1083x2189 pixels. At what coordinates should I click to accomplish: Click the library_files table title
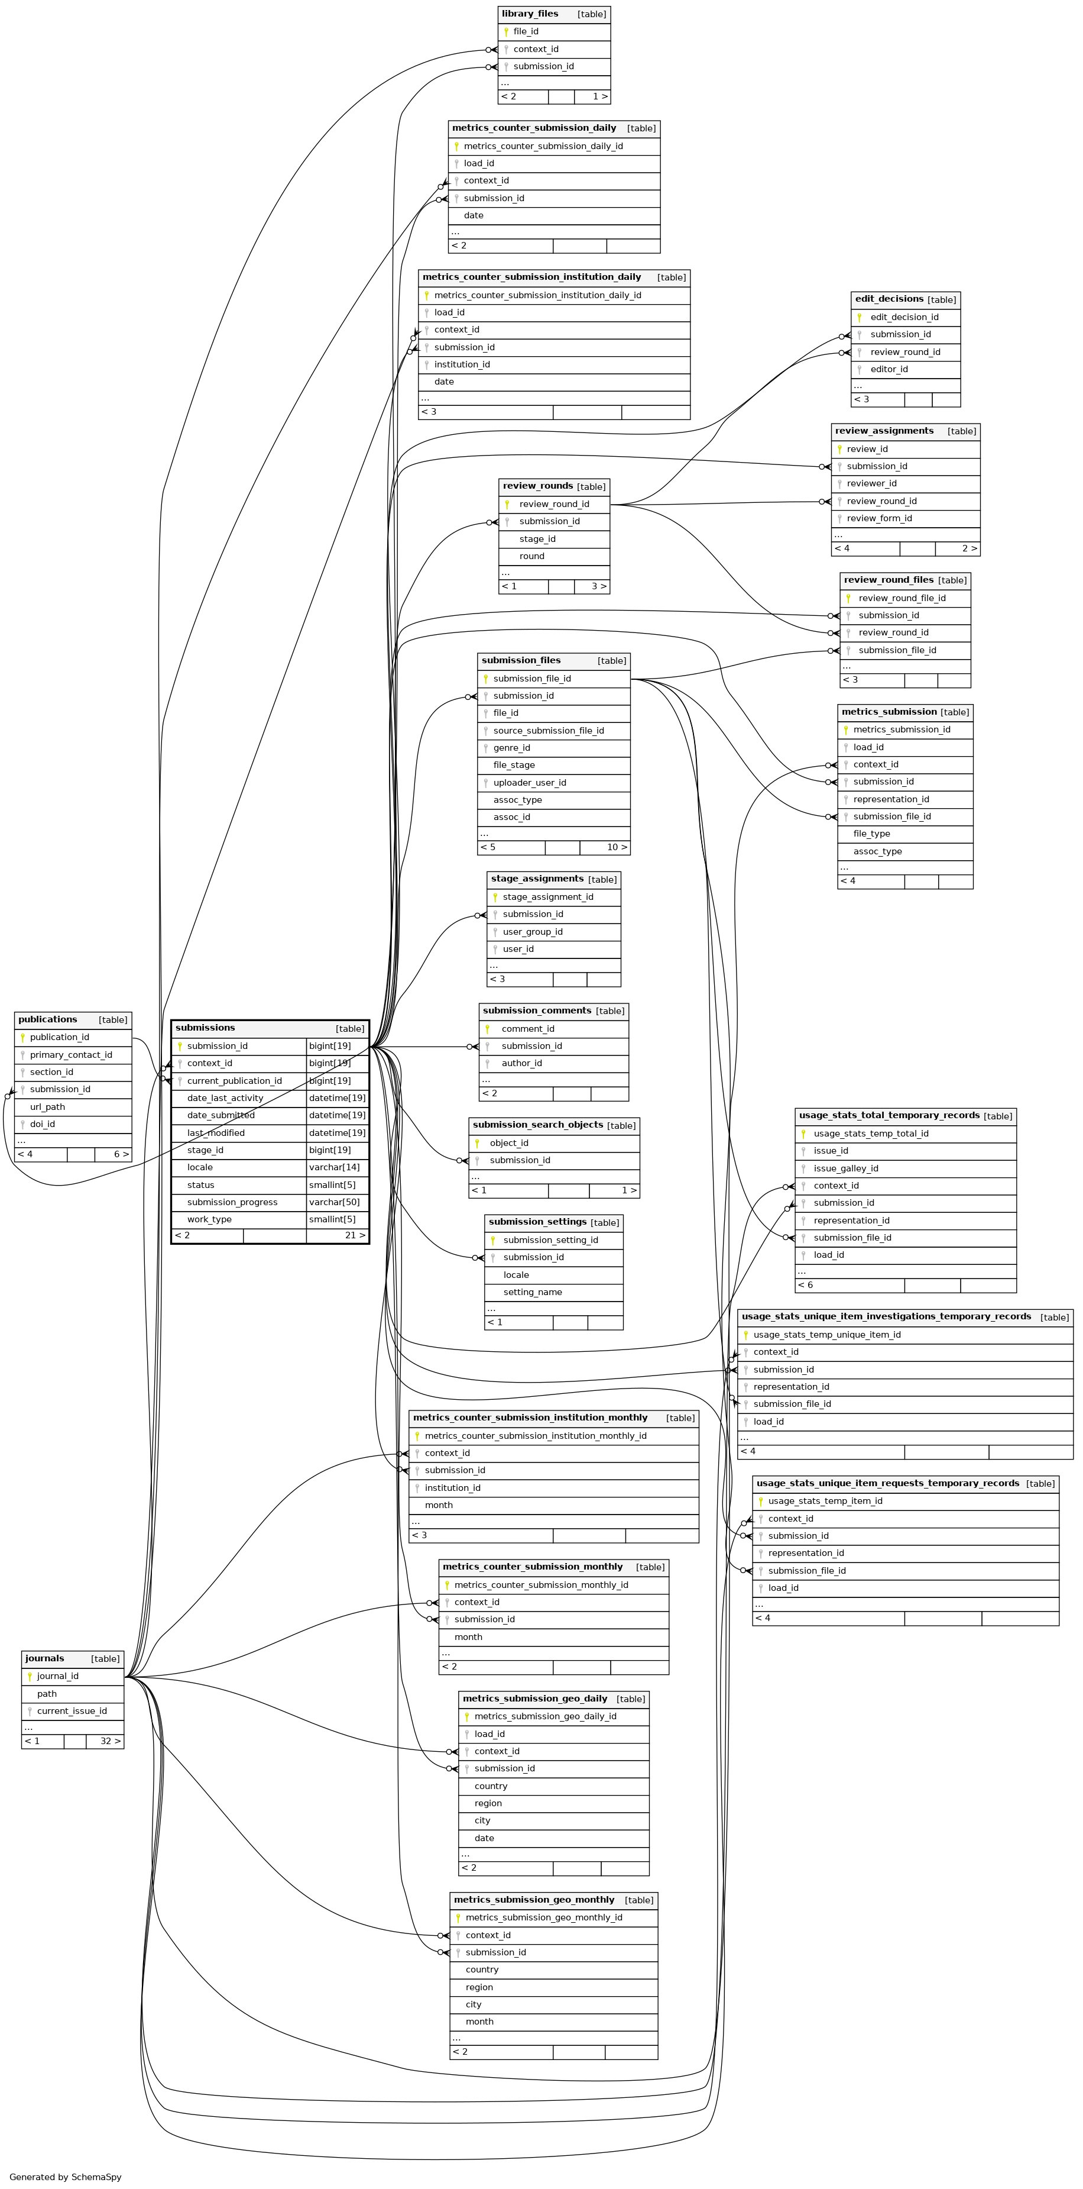click(530, 14)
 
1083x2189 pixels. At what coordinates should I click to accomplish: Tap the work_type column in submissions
click(209, 1219)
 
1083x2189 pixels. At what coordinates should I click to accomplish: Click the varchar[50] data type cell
click(335, 1202)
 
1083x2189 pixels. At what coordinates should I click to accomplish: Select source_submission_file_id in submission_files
click(549, 731)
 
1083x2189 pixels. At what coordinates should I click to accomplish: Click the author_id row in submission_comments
click(521, 1063)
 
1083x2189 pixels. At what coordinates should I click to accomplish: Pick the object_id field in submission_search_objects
click(509, 1143)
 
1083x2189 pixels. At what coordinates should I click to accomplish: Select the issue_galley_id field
click(846, 1168)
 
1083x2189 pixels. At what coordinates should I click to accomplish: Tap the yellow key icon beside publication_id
click(23, 1038)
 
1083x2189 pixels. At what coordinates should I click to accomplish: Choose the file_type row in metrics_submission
click(871, 834)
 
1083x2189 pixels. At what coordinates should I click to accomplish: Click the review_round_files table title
click(889, 580)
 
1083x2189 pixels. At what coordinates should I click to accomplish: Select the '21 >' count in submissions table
click(355, 1235)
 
